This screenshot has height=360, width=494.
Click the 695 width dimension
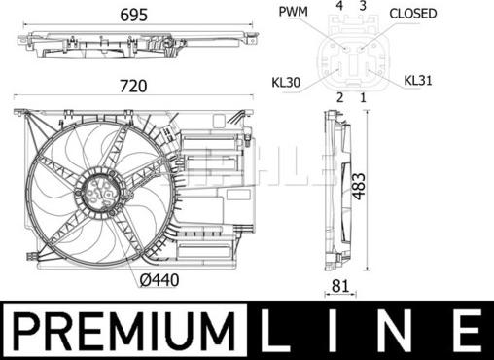133,15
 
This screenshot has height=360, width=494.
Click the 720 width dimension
133,86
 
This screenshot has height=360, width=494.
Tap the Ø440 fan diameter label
159,280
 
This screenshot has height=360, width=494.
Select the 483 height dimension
359,187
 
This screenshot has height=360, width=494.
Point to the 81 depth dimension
340,286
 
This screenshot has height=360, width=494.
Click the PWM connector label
294,12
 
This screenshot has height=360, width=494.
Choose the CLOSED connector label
413,14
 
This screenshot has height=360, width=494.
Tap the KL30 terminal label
286,83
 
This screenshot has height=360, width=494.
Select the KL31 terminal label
418,81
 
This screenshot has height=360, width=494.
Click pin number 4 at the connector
339,5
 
